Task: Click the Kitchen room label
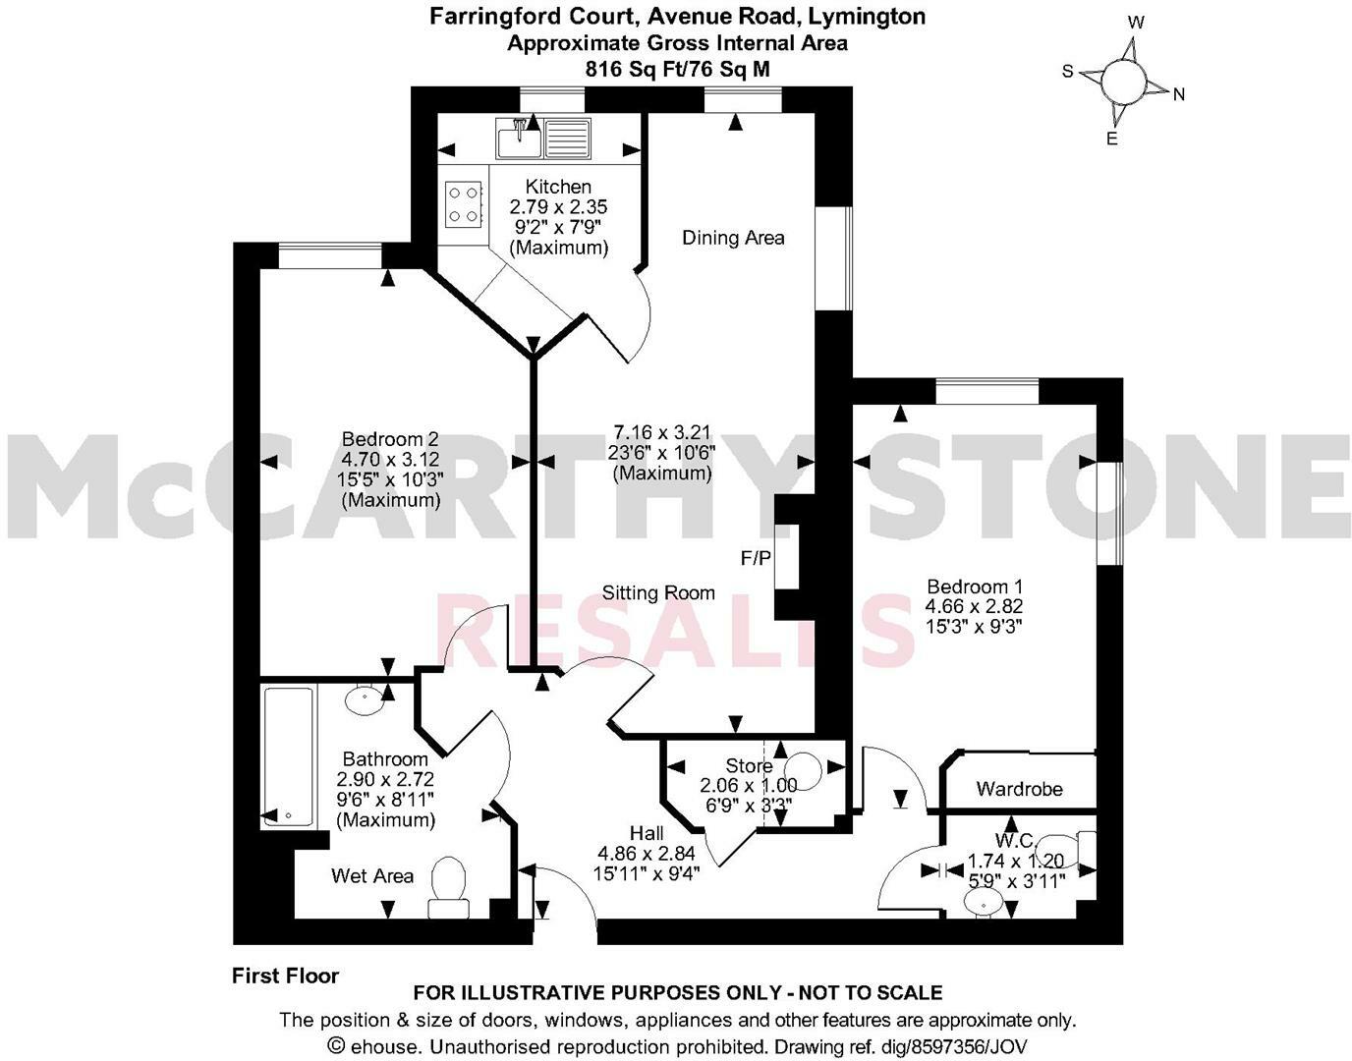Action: (558, 187)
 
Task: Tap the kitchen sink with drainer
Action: (543, 138)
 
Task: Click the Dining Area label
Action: (733, 238)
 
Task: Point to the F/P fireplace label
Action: (756, 558)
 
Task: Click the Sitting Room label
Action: (658, 593)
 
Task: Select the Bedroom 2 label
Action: (390, 439)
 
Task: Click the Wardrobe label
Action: (1019, 789)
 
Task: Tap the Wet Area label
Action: (372, 876)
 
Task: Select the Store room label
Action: (749, 766)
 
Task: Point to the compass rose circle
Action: (1122, 80)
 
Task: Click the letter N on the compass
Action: (1179, 95)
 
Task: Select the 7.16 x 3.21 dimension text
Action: (661, 432)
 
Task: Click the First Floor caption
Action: (285, 976)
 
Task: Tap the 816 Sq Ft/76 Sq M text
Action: (677, 69)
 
